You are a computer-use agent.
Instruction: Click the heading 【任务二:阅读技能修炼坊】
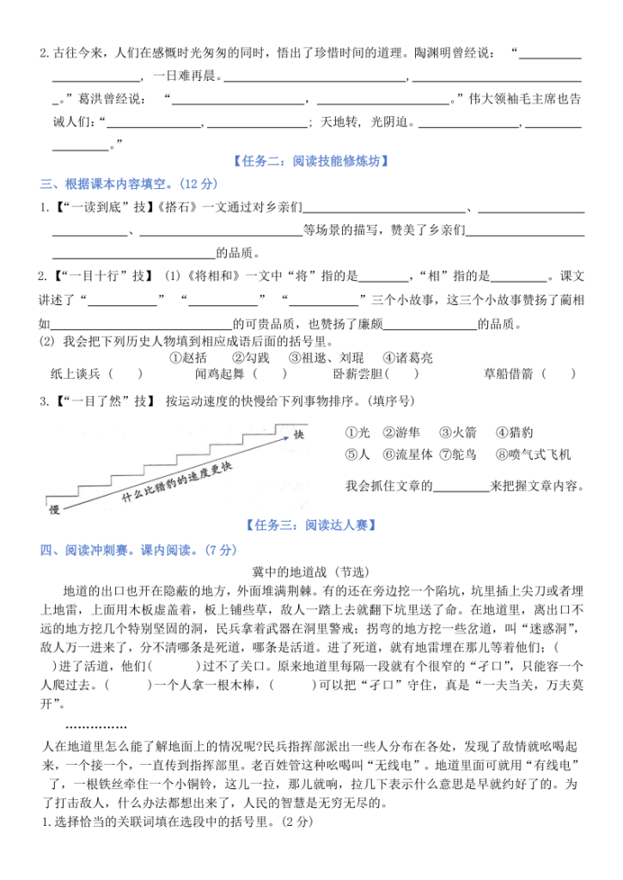(x=311, y=160)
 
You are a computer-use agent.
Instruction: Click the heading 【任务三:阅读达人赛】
(x=311, y=524)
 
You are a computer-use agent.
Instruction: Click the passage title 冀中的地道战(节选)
(x=311, y=571)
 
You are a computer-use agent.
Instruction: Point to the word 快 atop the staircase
(x=299, y=432)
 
